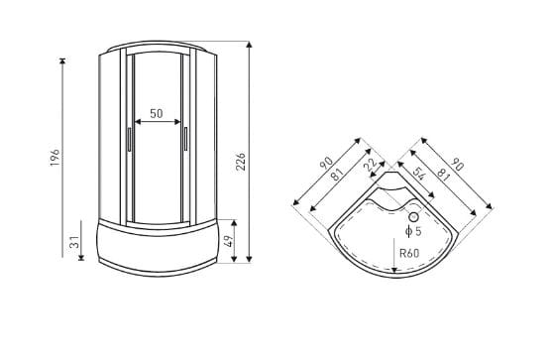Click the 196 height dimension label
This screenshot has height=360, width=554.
click(55, 158)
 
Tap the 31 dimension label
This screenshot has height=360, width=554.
click(75, 243)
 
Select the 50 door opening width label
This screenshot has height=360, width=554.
click(157, 113)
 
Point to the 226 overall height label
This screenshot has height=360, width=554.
click(241, 162)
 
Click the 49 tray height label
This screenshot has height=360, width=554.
click(229, 241)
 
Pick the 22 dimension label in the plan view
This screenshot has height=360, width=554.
click(370, 165)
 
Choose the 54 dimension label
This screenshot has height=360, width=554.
click(418, 174)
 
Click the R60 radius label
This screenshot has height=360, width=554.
click(409, 253)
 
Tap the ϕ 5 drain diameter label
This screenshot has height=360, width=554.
click(413, 231)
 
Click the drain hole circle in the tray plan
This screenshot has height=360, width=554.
click(413, 217)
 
